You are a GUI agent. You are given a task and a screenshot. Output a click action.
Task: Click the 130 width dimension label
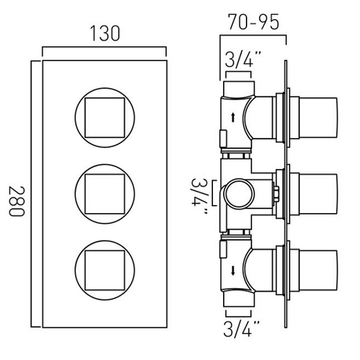(103, 34)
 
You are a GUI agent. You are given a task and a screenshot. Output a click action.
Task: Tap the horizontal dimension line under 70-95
(254, 35)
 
